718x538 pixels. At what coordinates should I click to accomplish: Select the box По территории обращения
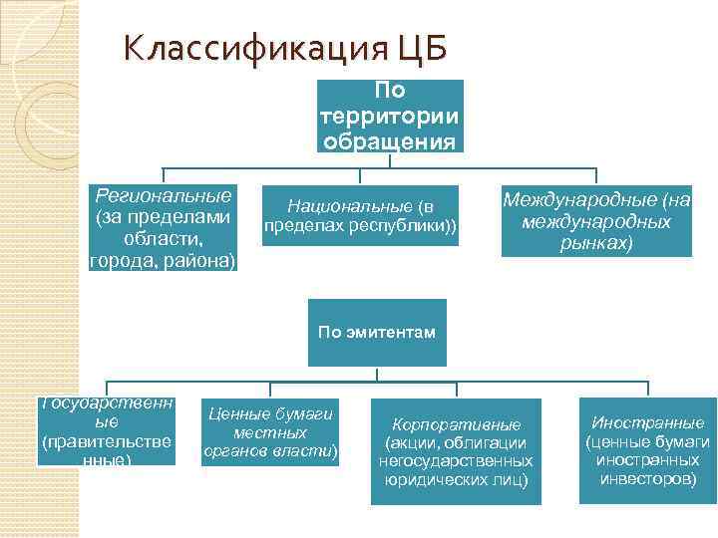(391, 116)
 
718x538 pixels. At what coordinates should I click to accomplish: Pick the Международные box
(596, 221)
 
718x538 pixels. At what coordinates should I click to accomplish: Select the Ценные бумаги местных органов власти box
(270, 434)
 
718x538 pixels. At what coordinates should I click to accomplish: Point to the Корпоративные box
(456, 451)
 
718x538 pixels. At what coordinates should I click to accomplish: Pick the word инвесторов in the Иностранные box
(647, 479)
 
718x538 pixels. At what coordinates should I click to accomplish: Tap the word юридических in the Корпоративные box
(431, 480)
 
